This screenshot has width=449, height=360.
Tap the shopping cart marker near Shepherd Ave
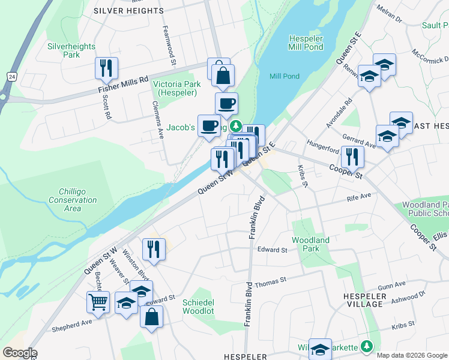tap(98, 302)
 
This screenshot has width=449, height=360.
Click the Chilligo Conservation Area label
tap(73, 200)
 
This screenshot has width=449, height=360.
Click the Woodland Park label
tap(310, 244)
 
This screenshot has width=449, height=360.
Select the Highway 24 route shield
tap(11, 76)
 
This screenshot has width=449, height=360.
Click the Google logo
tap(19, 353)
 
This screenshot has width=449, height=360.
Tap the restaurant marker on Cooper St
tap(352, 157)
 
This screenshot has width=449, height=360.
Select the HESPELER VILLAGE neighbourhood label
tap(363, 300)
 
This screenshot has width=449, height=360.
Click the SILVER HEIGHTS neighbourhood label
tap(128, 11)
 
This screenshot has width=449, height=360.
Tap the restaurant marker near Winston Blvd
tap(154, 249)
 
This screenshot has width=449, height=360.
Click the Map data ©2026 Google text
tap(412, 355)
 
